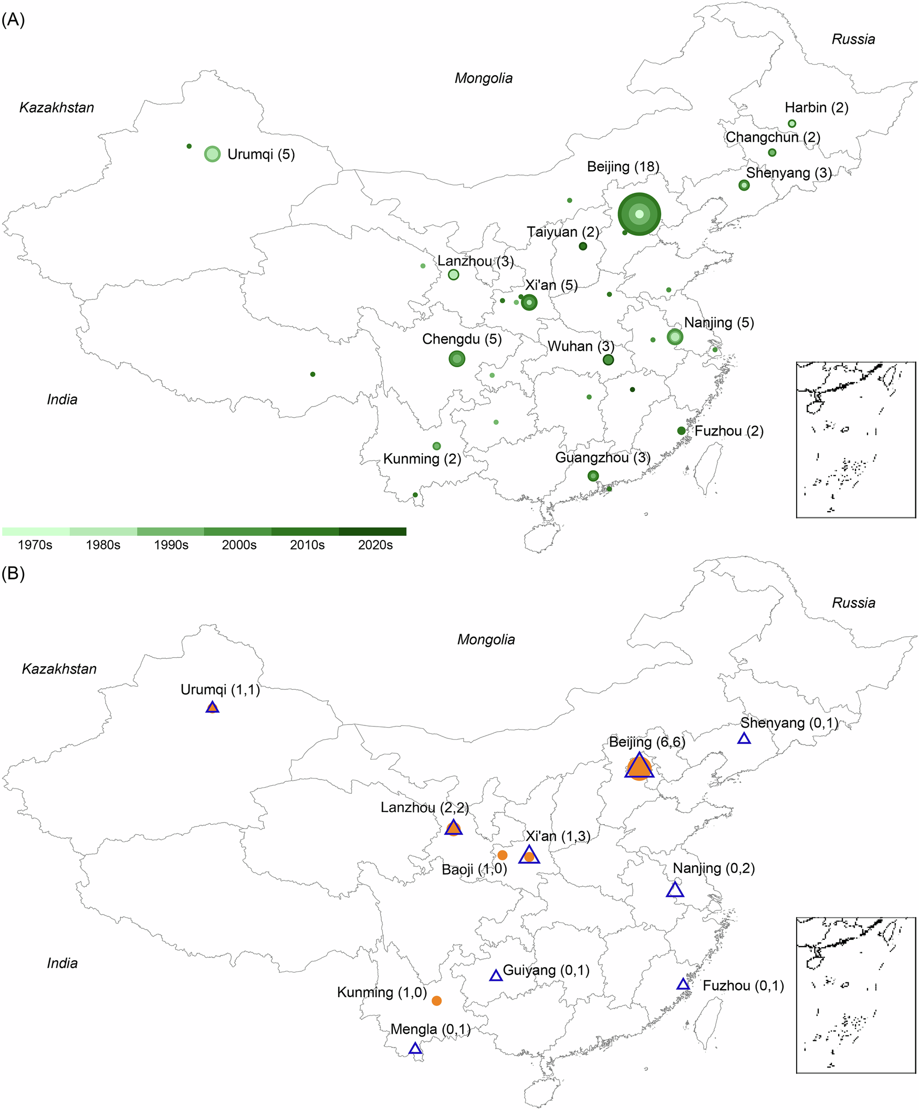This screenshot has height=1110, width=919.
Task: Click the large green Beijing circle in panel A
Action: pyautogui.click(x=639, y=214)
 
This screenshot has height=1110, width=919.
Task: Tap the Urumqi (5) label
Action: pyautogui.click(x=261, y=154)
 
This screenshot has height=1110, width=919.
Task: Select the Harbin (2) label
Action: pyautogui.click(x=816, y=108)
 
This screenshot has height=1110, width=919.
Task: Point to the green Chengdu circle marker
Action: pyautogui.click(x=456, y=359)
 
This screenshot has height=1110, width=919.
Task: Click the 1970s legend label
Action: pyautogui.click(x=35, y=545)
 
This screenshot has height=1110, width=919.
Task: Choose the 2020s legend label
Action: pyautogui.click(x=375, y=545)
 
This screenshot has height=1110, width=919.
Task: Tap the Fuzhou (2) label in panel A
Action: pyautogui.click(x=729, y=431)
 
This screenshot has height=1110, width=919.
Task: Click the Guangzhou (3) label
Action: pyautogui.click(x=602, y=458)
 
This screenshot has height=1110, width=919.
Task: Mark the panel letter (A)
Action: pyautogui.click(x=13, y=20)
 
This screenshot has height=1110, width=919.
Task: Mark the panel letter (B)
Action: pyautogui.click(x=13, y=574)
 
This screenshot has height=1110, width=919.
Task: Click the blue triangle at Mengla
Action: pyautogui.click(x=415, y=1049)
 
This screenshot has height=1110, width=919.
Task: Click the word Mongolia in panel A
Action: pyautogui.click(x=484, y=79)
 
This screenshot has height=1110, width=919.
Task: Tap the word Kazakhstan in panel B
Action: pyautogui.click(x=59, y=669)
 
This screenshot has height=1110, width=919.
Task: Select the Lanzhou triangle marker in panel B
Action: pyautogui.click(x=453, y=828)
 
